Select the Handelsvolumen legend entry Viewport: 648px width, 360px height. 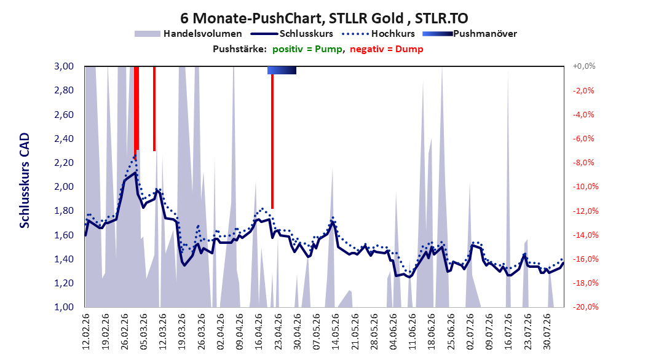pos(189,34)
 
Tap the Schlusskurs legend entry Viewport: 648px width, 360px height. pos(292,34)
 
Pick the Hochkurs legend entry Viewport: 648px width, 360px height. pos(379,34)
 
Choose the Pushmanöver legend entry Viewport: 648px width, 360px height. pos(470,34)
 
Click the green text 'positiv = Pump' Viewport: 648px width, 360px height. pos(307,49)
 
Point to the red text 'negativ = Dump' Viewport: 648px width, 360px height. pos(387,49)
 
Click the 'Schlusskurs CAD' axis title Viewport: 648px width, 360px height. pos(25,181)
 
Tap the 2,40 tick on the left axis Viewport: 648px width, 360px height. pos(64,139)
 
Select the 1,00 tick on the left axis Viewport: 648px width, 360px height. pos(64,307)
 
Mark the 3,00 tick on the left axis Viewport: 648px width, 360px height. pos(64,66)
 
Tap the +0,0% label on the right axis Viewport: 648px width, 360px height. pos(584,66)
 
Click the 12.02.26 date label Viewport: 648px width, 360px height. pos(86,332)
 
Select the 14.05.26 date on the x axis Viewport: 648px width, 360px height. pos(336,332)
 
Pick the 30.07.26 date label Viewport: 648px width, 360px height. pos(547,332)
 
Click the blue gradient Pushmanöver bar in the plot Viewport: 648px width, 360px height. pos(282,70)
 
